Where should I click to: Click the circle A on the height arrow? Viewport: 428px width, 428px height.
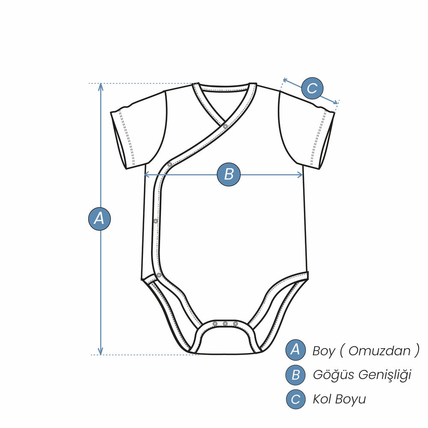click(99, 219)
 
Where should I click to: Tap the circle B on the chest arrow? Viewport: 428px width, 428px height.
click(229, 174)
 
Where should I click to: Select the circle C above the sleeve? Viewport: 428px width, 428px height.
click(312, 88)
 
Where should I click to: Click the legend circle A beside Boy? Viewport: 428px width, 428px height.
click(295, 350)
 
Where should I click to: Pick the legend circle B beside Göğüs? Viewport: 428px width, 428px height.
click(295, 374)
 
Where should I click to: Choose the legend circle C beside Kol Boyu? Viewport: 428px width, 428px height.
click(295, 399)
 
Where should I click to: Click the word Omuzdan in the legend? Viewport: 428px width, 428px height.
click(379, 351)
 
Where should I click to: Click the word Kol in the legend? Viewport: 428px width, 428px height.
click(322, 399)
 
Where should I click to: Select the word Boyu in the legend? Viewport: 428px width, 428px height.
click(351, 400)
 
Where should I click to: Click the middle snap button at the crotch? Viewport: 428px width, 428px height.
click(225, 324)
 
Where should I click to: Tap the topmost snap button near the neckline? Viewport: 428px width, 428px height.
click(226, 126)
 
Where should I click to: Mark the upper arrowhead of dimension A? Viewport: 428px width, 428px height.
click(101, 86)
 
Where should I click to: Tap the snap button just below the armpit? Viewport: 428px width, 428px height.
click(169, 165)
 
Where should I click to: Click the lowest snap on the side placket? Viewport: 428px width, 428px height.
click(159, 275)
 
